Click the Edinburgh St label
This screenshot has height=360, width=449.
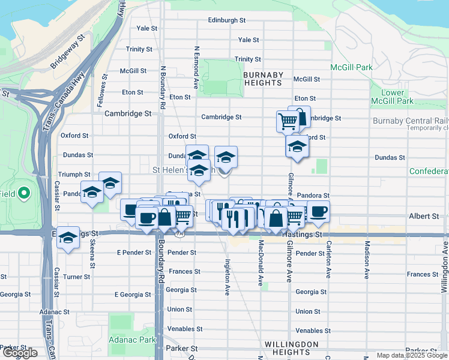coord(227,20)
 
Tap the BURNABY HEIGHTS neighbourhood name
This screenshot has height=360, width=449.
coord(264,79)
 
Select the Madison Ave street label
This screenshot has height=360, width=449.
coord(367,260)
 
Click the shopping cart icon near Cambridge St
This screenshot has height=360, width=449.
coord(288,121)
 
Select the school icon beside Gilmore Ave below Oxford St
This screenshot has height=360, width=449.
coord(296,147)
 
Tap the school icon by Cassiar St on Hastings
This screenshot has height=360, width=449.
coord(68,238)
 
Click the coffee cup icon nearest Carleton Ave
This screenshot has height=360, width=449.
coord(319,211)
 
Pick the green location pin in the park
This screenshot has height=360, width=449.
coord(23,193)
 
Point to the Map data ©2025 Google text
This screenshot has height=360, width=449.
coord(412,355)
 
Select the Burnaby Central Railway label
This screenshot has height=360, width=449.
coord(411,121)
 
